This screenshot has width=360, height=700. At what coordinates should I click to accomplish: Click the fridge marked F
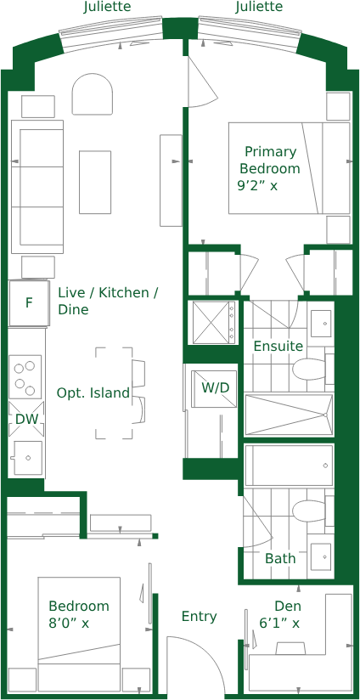pyautogui.click(x=29, y=303)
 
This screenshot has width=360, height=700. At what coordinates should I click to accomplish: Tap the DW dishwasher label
pyautogui.click(x=27, y=419)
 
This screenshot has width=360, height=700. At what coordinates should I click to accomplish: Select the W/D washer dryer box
pyautogui.click(x=215, y=388)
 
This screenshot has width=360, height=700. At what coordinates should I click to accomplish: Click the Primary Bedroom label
pyautogui.click(x=270, y=160)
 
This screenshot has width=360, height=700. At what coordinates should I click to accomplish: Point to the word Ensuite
pyautogui.click(x=278, y=346)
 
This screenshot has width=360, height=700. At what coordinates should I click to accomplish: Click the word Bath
pyautogui.click(x=280, y=558)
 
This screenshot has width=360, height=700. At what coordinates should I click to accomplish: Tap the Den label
pyautogui.click(x=288, y=606)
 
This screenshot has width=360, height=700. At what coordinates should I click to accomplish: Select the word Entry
pyautogui.click(x=199, y=617)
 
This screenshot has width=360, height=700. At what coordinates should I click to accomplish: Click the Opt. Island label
pyautogui.click(x=93, y=393)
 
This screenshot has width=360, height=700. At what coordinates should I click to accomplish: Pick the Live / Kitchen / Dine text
pyautogui.click(x=110, y=301)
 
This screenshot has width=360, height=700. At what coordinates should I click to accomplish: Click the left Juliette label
pyautogui.click(x=107, y=7)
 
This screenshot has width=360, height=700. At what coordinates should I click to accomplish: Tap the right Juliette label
pyautogui.click(x=259, y=7)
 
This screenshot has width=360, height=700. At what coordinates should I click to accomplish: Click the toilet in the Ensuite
pyautogui.click(x=309, y=370)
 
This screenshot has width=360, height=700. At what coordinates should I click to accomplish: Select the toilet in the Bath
pyautogui.click(x=309, y=511)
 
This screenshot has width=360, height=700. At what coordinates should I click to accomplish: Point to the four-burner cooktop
pyautogui.click(x=25, y=377)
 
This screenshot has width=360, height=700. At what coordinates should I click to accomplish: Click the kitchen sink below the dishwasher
pyautogui.click(x=28, y=458)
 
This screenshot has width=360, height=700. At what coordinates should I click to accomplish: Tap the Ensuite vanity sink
pyautogui.click(x=321, y=324)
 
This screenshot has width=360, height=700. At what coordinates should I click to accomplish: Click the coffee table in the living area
pyautogui.click(x=95, y=182)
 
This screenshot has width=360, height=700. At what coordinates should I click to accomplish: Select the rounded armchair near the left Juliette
pyautogui.click(x=92, y=93)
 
